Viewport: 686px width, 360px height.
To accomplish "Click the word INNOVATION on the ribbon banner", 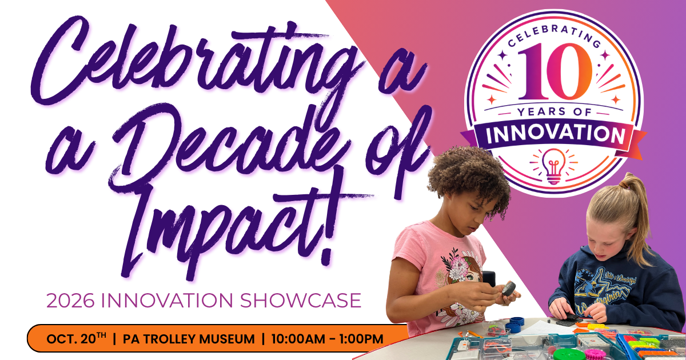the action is click(x=556, y=135).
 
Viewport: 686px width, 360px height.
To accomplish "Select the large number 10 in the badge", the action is click(x=555, y=71).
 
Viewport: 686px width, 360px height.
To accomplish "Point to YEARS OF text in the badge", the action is click(x=555, y=112).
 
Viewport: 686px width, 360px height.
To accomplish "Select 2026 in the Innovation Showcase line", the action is click(x=70, y=301).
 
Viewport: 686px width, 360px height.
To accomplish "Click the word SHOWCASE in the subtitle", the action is click(x=301, y=301).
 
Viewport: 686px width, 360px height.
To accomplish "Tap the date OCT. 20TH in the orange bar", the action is click(x=76, y=338).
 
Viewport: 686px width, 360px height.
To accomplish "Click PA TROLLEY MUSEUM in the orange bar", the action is click(x=189, y=339).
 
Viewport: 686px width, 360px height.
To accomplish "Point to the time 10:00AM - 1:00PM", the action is click(x=328, y=339).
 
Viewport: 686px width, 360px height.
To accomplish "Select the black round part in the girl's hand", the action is click(x=508, y=289).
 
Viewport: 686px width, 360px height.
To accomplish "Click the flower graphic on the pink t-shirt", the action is click(x=457, y=266).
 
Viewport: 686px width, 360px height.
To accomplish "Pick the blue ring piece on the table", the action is click(x=517, y=322).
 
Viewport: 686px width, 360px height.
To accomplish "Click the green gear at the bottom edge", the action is click(x=566, y=354).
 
